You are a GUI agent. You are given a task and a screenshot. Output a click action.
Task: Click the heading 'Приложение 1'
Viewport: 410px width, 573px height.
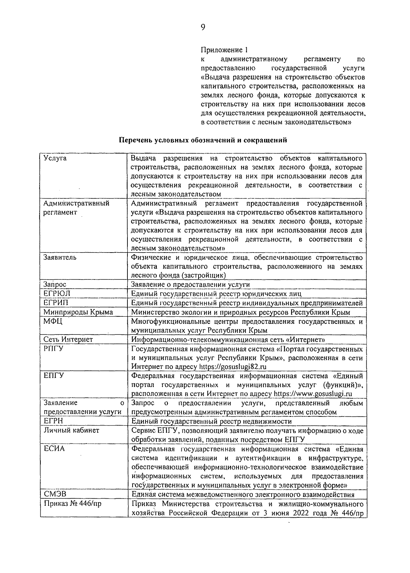(x=223, y=50)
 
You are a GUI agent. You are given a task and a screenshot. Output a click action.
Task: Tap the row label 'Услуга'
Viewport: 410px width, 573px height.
(x=55, y=158)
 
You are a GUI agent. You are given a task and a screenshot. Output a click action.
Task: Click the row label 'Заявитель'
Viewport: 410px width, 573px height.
(x=60, y=257)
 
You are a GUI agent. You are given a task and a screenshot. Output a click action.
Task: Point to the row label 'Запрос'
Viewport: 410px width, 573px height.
(x=55, y=284)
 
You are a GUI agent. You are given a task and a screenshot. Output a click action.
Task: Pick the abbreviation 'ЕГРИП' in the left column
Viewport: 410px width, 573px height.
(x=56, y=303)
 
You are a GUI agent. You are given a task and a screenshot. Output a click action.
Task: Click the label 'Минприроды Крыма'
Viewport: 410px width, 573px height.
(x=78, y=312)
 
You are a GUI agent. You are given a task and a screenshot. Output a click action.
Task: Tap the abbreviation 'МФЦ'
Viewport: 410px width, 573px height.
(x=53, y=321)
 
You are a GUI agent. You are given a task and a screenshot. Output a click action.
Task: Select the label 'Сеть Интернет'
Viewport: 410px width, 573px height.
(x=68, y=340)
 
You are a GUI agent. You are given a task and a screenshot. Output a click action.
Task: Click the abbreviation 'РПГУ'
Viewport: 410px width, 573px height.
(x=54, y=349)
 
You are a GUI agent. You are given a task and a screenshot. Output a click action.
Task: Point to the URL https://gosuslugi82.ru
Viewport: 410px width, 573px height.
(x=233, y=367)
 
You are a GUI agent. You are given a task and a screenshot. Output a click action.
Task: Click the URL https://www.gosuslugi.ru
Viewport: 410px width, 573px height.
(x=313, y=394)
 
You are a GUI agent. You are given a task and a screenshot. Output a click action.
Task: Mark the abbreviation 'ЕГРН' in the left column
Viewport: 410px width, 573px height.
(x=54, y=421)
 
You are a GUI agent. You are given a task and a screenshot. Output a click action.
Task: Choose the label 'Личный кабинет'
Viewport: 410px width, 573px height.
(x=71, y=430)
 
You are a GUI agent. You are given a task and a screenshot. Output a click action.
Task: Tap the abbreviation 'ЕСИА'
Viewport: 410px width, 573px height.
(x=54, y=449)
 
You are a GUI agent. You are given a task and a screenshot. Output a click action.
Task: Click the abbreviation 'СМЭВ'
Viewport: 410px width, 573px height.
(x=55, y=495)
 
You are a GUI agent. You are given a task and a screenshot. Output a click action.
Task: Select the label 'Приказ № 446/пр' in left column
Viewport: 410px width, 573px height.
(x=72, y=504)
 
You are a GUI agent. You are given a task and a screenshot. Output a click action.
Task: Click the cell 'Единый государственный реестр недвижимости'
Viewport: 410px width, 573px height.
(x=211, y=421)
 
